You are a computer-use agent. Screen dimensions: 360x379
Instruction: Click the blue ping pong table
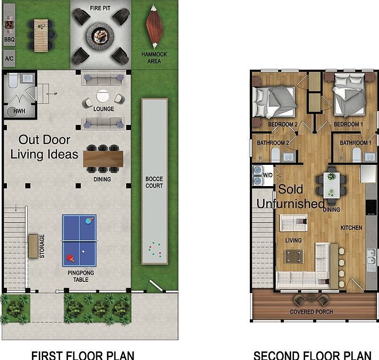(x=79, y=240)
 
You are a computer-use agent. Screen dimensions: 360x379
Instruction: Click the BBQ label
(x=10, y=39)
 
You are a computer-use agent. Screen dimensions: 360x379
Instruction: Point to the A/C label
(x=10, y=58)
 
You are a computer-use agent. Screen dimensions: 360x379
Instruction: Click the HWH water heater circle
(x=12, y=111)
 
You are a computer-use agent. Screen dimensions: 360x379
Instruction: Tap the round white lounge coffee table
(x=103, y=96)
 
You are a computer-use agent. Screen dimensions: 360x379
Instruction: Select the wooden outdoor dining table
(x=103, y=158)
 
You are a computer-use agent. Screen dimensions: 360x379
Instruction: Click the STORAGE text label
(x=42, y=246)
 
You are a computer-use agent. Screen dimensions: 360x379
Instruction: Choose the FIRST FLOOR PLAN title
(x=82, y=355)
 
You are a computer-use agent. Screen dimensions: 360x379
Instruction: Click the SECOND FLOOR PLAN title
(x=312, y=355)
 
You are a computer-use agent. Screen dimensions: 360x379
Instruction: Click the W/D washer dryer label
(x=267, y=175)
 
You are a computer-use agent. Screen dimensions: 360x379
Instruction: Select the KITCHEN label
(x=351, y=228)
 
